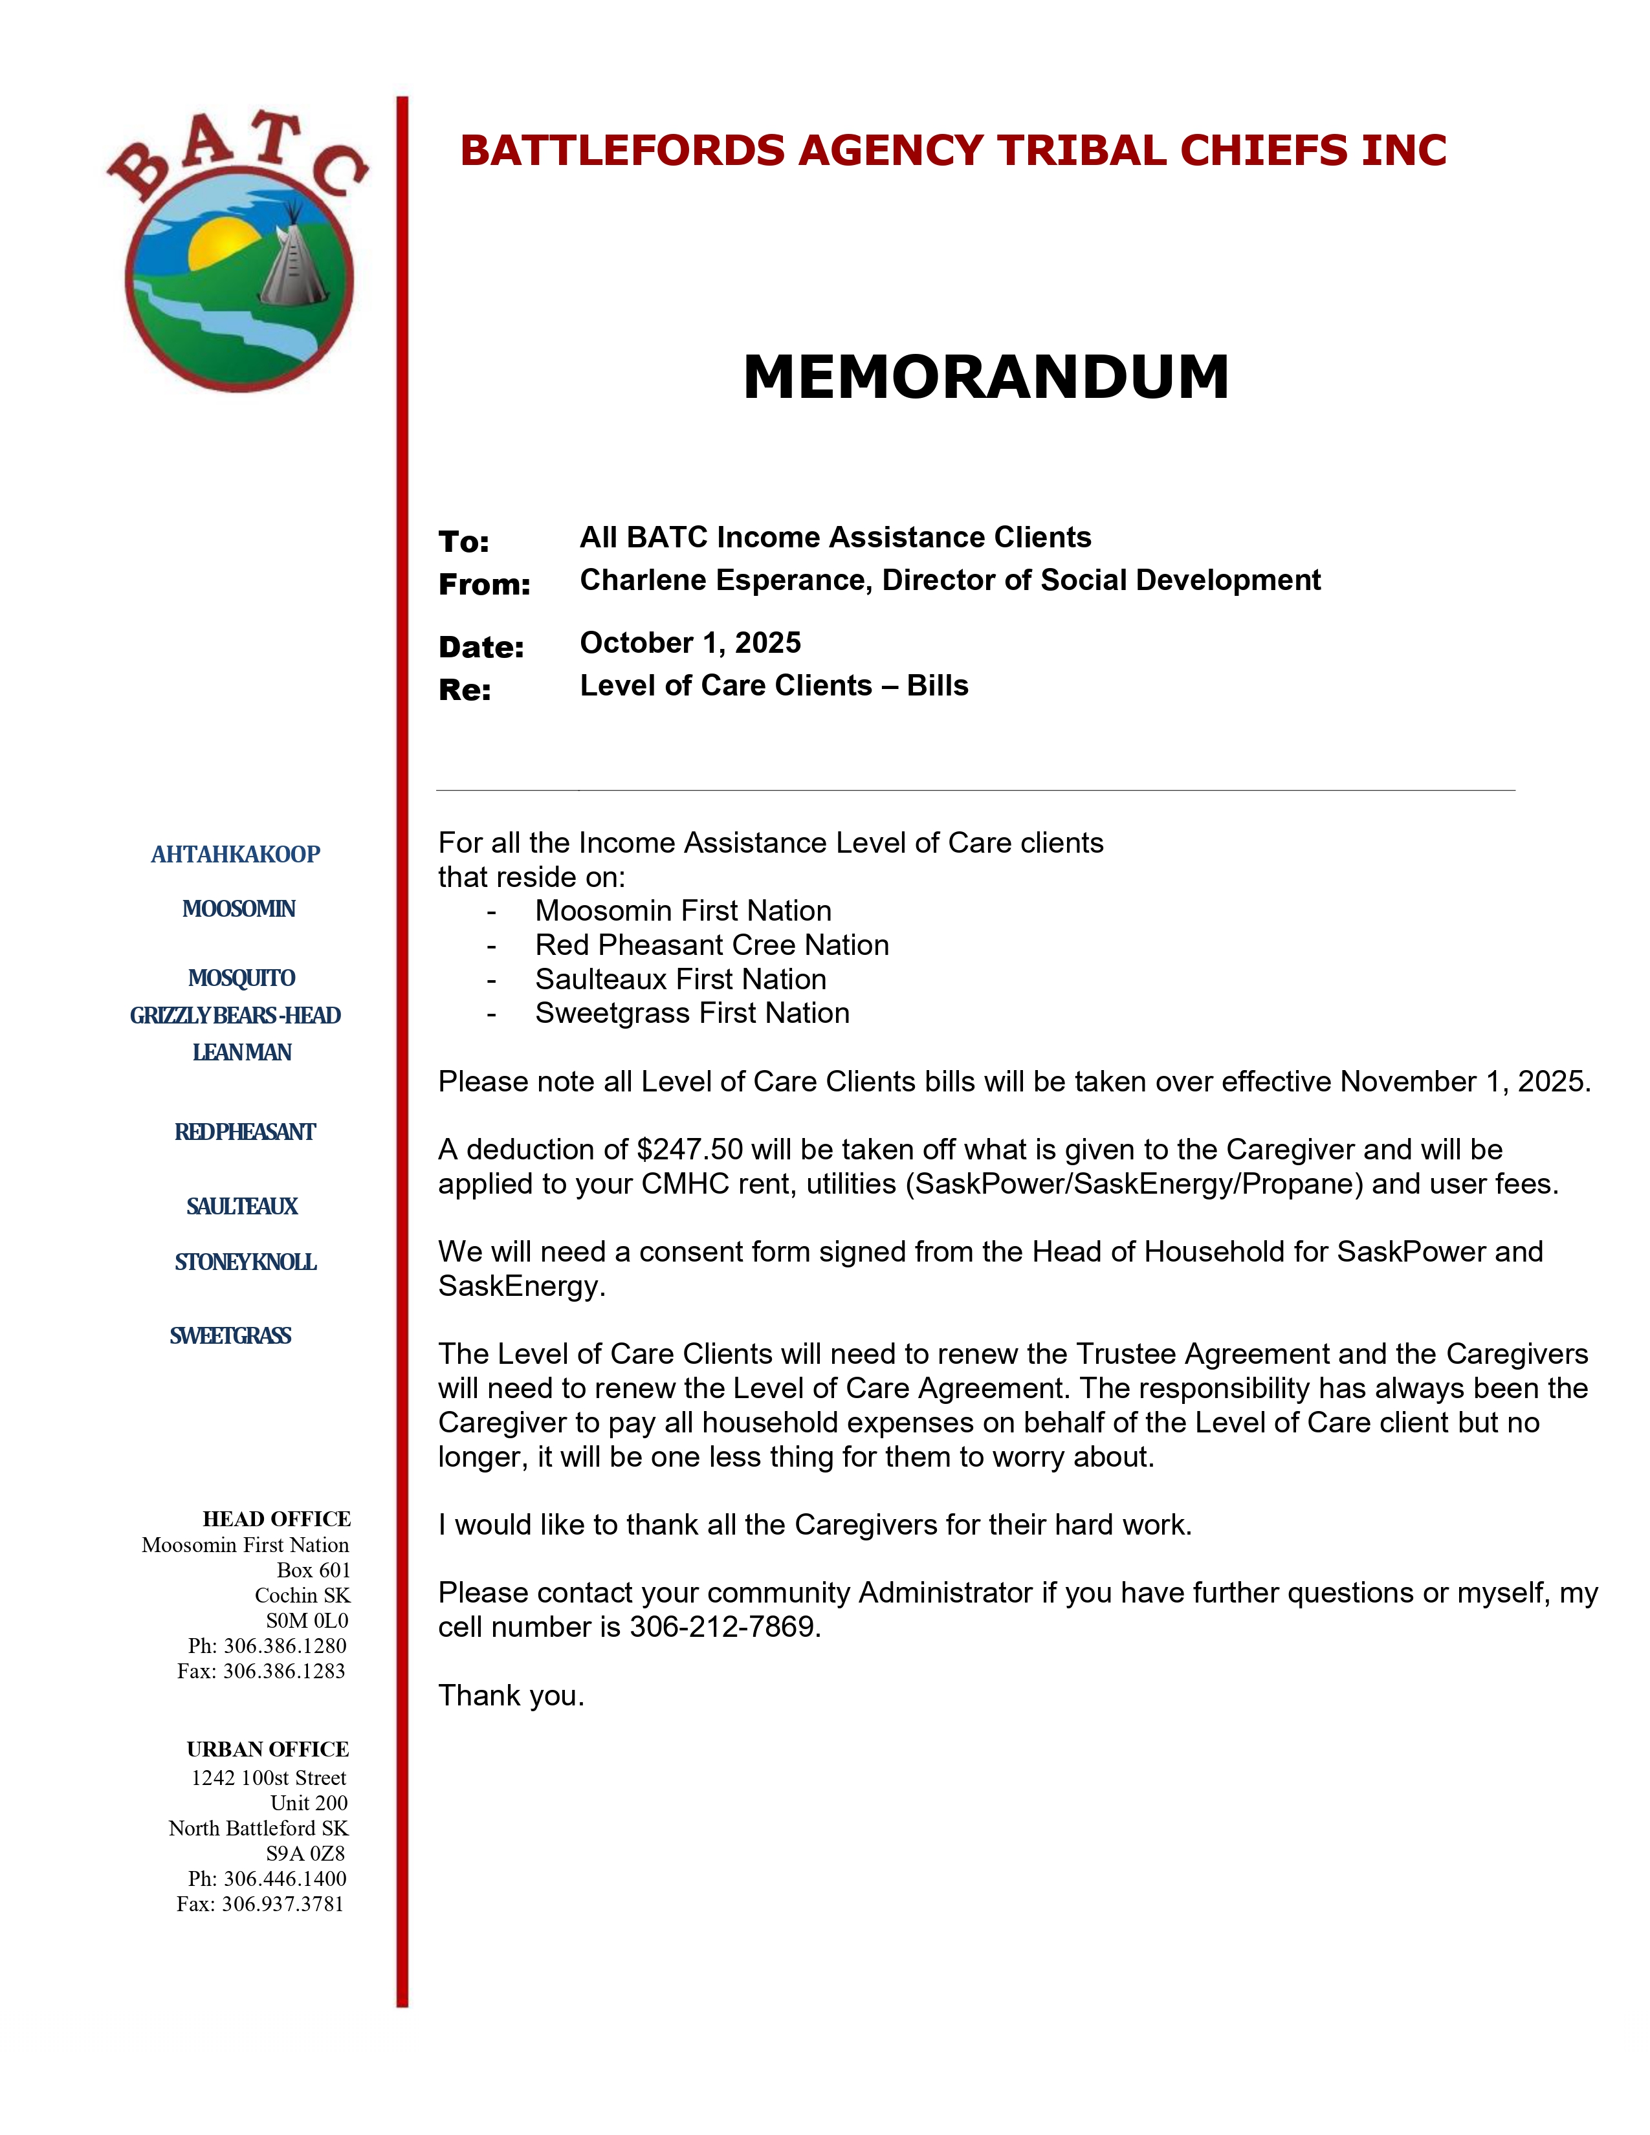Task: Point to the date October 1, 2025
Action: pos(690,642)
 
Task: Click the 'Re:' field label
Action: pos(465,690)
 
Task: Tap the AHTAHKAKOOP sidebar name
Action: pos(236,855)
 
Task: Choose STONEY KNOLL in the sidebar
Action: pos(245,1262)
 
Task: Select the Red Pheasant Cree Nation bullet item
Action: pos(712,945)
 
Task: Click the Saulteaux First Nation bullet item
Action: pos(680,980)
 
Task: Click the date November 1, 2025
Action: pos(1464,1082)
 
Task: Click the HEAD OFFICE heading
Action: pos(277,1519)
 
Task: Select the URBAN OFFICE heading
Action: pos(268,1750)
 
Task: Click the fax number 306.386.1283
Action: pos(283,1672)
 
